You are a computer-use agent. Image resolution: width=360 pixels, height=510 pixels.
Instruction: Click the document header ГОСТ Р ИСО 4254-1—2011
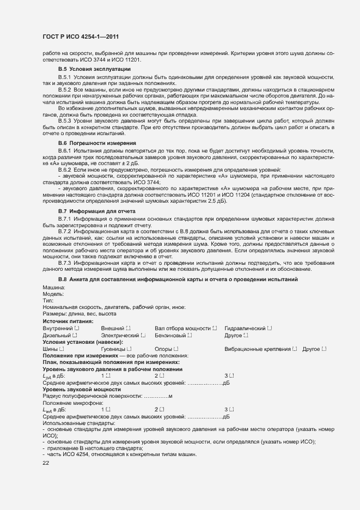81,37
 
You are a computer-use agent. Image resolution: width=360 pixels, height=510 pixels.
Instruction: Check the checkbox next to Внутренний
77,329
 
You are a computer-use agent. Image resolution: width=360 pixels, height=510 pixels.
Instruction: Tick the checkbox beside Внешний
128,329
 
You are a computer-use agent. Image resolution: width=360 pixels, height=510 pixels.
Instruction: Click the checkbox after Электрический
143,336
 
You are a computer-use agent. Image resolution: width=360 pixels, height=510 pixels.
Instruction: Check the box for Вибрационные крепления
295,349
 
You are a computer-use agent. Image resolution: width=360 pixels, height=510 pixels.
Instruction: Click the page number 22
46,463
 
